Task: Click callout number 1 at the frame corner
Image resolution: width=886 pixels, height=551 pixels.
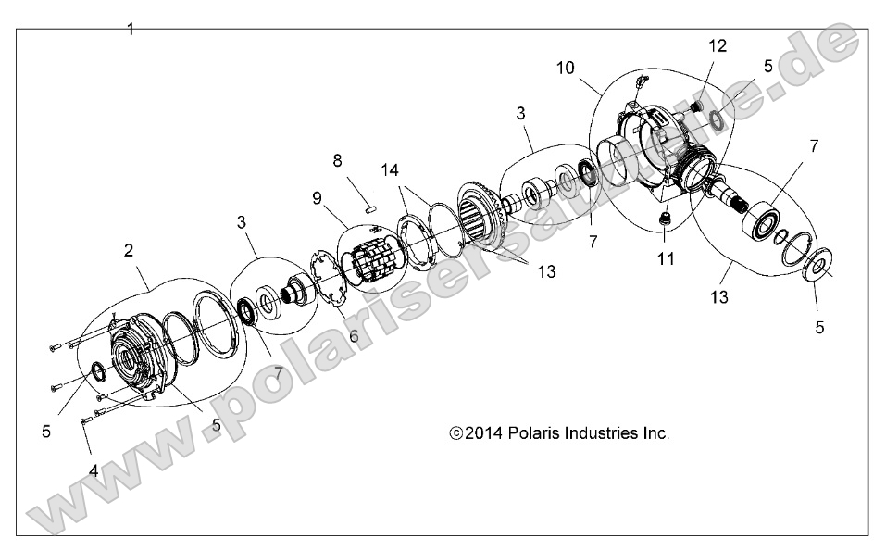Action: pos(130,29)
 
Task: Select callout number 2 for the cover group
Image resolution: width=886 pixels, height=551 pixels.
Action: pos(129,249)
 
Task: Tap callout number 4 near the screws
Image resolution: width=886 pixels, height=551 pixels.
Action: pos(94,470)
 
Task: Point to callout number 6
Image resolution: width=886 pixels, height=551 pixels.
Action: pos(354,335)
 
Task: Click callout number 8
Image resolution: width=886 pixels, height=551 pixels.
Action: pos(337,160)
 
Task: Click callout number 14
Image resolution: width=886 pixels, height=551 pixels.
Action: pos(391,170)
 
